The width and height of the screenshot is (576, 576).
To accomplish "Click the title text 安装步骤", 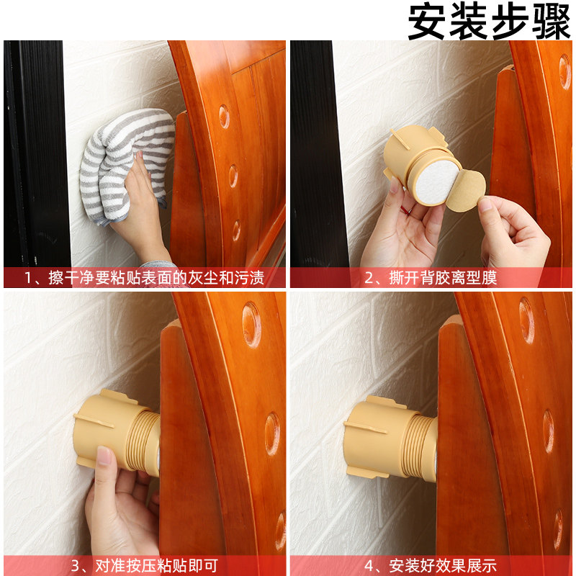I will pos(490,22).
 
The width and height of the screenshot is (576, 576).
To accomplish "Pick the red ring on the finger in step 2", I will pos(407,211).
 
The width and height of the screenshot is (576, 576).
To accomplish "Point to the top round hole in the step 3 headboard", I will pos(251,324).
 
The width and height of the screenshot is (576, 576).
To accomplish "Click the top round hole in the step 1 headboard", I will pos(224,116).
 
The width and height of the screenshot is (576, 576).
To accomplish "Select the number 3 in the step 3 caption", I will pos(75,566).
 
